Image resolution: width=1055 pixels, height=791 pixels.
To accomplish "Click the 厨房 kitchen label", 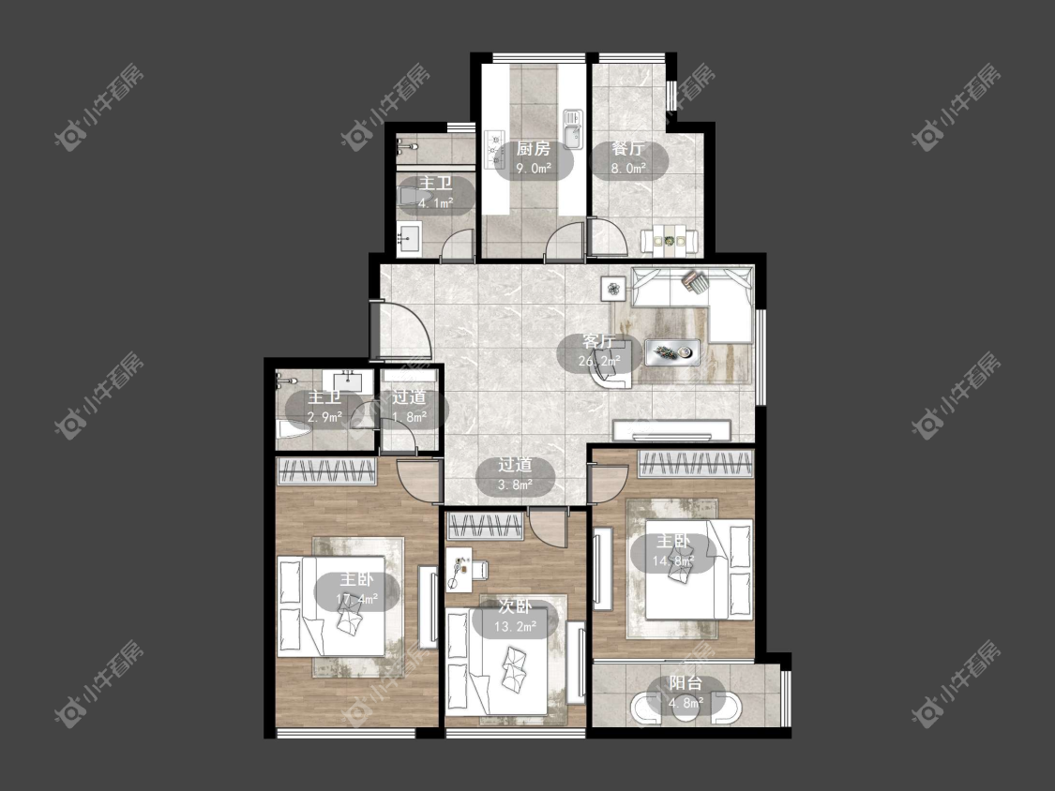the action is pos(534,149).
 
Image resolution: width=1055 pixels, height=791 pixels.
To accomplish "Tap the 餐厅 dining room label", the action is pos(627,149).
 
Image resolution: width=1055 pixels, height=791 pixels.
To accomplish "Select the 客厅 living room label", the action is pos(598,342).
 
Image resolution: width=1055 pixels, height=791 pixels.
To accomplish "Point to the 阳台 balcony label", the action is pos(686,683).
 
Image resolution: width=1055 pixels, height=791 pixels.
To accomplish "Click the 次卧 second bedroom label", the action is pos(515,606).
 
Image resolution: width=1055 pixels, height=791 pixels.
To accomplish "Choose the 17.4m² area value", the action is pos(356,598).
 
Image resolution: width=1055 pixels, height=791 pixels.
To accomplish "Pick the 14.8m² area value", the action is pos(672,560).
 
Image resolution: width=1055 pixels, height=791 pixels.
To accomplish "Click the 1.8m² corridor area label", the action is pos(409,416).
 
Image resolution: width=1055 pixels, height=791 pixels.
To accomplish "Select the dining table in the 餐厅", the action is pos(668,239).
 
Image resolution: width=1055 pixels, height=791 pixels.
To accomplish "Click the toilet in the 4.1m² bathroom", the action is pos(410,196).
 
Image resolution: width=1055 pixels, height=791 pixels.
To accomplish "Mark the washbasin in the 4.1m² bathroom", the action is pos(409,239).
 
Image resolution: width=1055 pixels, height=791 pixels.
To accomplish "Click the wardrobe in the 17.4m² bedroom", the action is pos(326,470).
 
